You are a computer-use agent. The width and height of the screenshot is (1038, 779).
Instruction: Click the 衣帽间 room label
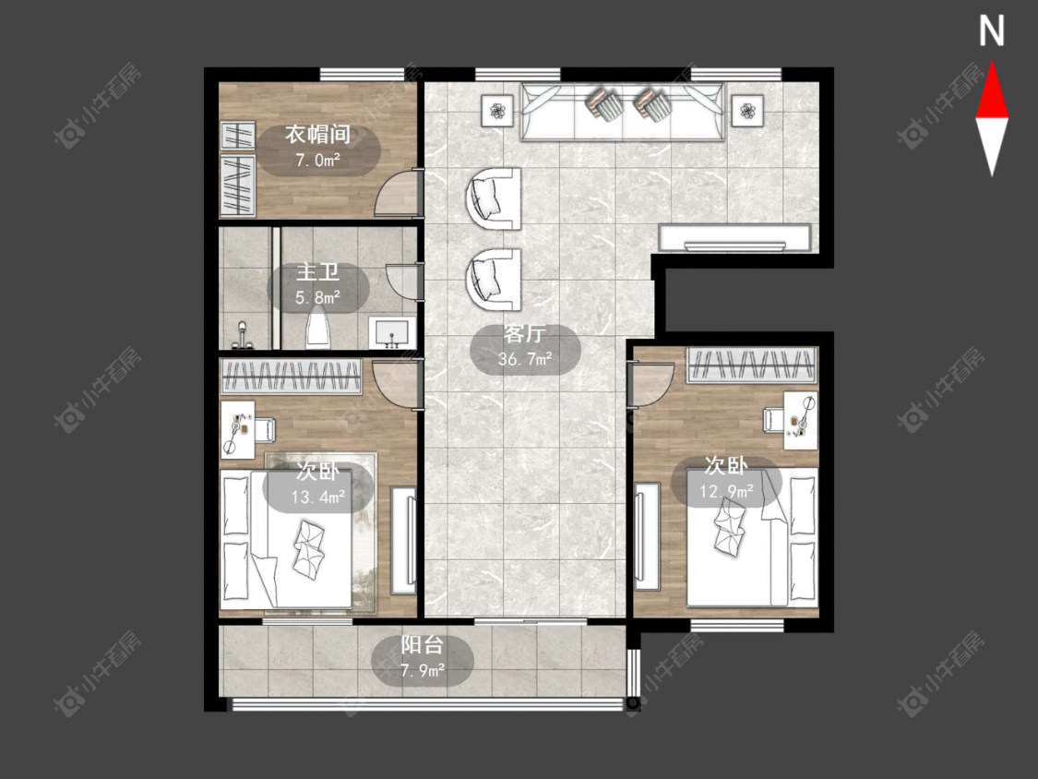coord(317,135)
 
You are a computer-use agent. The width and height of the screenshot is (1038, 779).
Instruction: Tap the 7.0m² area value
coord(317,160)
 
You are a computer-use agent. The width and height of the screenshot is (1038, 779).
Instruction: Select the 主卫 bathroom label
coord(317,272)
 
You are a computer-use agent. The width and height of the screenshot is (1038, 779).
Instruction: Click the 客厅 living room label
coord(525,333)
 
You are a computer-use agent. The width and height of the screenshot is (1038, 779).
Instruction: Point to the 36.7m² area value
coord(525,359)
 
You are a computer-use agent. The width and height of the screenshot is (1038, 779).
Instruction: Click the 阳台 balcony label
coord(423,644)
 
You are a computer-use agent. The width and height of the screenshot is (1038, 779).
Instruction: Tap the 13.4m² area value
coord(317,497)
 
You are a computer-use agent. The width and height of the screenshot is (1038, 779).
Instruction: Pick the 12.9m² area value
coord(726,491)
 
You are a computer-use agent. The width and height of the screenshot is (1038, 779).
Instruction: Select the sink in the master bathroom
coord(392,332)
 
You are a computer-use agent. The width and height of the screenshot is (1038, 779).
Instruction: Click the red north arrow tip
coord(992,62)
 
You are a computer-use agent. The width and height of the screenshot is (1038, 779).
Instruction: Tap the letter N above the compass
coord(992,31)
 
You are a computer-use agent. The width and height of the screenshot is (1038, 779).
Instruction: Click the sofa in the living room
coord(622,112)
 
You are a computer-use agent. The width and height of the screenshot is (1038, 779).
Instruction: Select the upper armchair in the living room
coord(494,198)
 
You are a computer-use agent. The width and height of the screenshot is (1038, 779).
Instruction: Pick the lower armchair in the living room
coord(494,280)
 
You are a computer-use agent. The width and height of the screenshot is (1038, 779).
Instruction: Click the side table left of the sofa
coord(497,109)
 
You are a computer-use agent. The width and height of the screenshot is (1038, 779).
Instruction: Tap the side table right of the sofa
coord(747,109)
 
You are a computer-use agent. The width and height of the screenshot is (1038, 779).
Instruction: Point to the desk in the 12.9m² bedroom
coord(800,420)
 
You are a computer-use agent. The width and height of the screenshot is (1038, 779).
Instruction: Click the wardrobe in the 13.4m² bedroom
coord(292,377)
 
